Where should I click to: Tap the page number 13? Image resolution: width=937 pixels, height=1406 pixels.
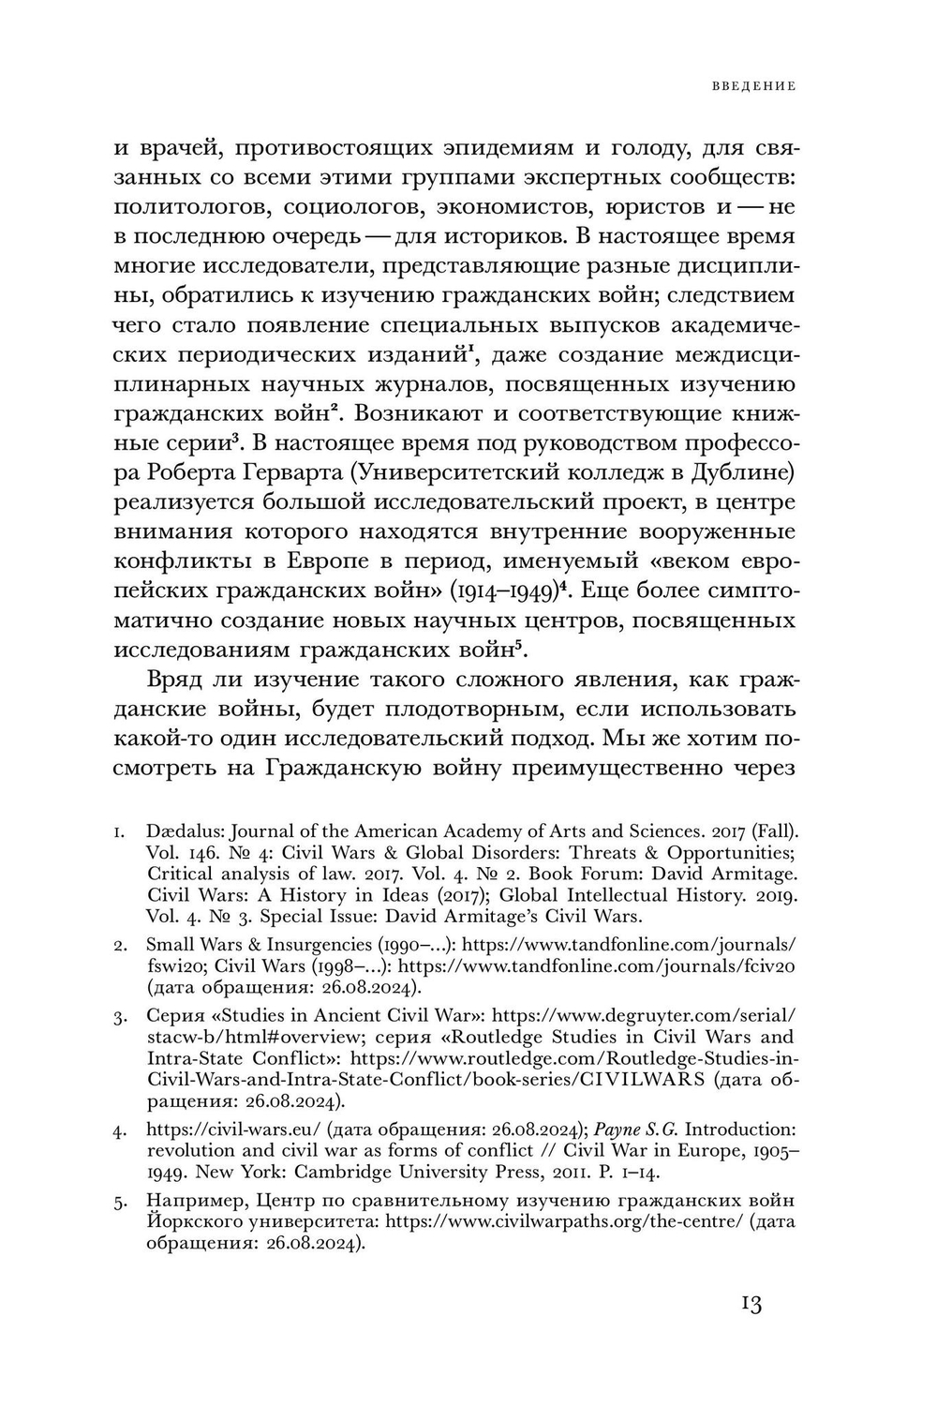(x=750, y=1304)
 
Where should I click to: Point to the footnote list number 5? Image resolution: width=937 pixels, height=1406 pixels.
(x=120, y=1202)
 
